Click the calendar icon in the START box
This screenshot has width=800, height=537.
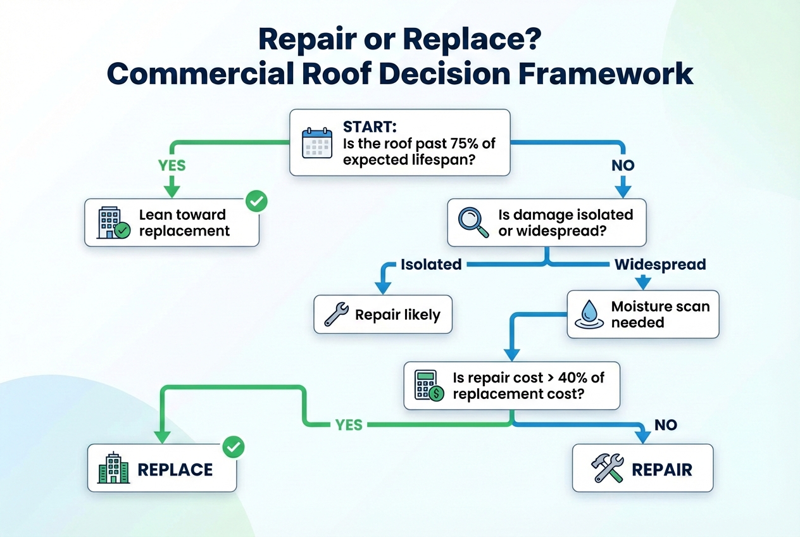coord(317,142)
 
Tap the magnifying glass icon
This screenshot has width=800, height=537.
coord(474,223)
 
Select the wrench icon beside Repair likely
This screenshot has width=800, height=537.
coord(336,314)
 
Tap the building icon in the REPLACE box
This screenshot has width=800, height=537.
coord(114,469)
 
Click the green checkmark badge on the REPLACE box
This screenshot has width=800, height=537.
coord(234,448)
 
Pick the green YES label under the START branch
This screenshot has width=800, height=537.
coord(172,165)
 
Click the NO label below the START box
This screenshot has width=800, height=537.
coord(623,166)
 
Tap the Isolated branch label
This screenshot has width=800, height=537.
coord(431,265)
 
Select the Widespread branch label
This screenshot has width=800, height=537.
coord(660,264)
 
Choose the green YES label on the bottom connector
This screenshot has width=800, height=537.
coord(349,425)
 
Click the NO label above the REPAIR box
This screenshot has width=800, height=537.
coord(666,425)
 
